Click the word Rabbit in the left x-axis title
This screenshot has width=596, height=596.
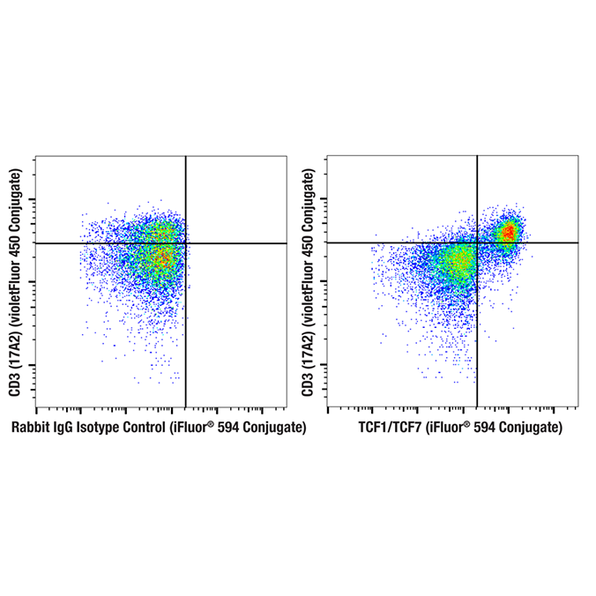[31, 428]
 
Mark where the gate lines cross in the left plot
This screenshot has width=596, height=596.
[185, 242]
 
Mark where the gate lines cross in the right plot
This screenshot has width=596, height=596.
[477, 242]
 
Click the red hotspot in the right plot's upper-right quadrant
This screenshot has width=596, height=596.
[508, 233]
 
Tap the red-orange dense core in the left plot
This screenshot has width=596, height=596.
[161, 257]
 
